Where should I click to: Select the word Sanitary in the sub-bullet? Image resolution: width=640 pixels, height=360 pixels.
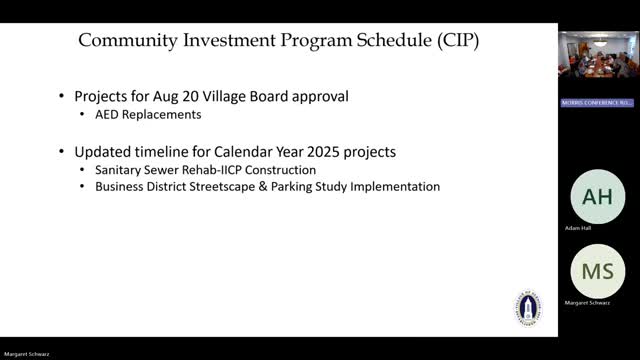click(x=121, y=170)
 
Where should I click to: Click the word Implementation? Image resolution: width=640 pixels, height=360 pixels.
click(x=394, y=187)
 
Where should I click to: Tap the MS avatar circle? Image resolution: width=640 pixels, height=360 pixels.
click(x=597, y=272)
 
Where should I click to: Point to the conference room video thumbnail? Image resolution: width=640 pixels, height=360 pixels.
click(x=598, y=64)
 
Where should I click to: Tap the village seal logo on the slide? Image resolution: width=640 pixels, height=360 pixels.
click(x=527, y=308)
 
